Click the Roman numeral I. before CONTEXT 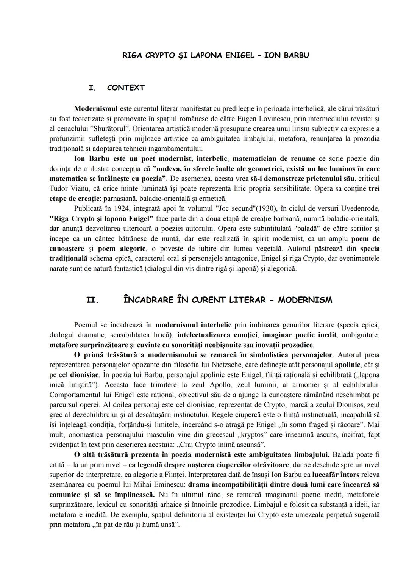pos(92,88)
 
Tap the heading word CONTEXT pos(126,88)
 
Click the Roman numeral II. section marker pos(92,300)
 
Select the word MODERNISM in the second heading pos(305,300)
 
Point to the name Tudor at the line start pos(59,188)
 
